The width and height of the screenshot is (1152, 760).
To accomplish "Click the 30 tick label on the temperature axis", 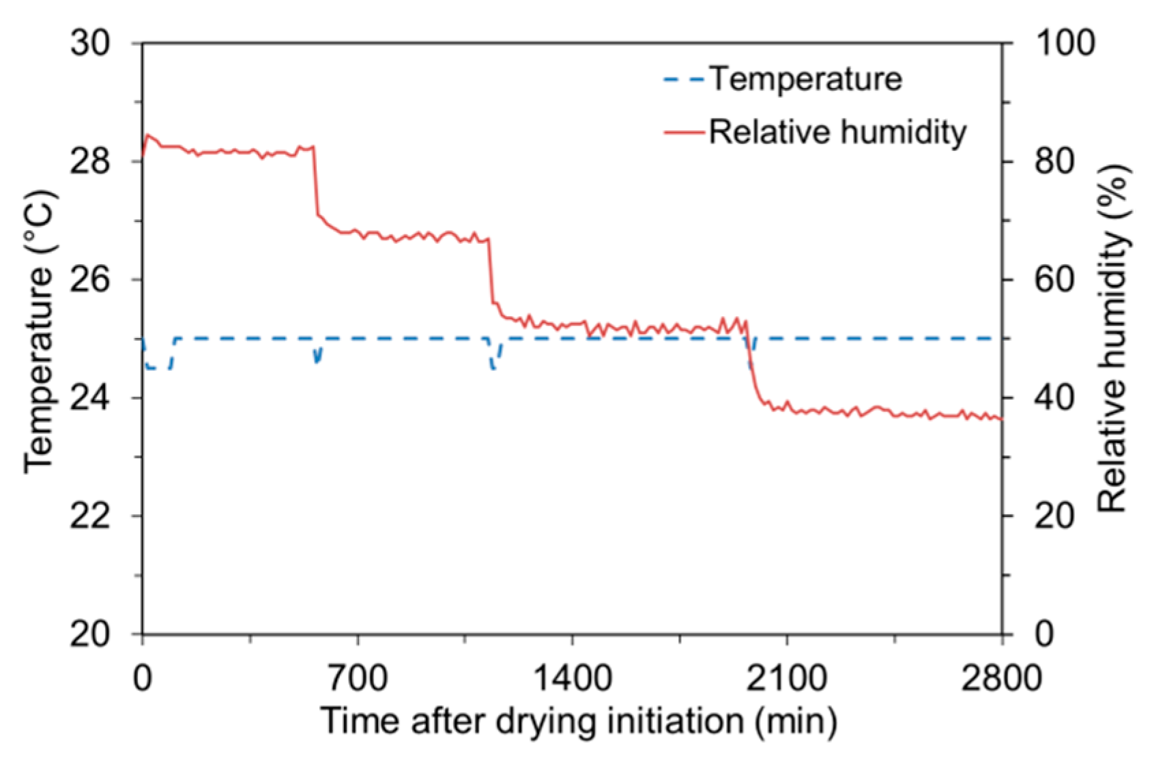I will [x=89, y=44].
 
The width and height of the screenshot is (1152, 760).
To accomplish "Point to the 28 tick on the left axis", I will [x=89, y=162].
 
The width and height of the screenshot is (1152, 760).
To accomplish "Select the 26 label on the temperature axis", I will [x=89, y=280].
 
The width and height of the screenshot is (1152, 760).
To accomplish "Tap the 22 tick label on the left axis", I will [x=89, y=516].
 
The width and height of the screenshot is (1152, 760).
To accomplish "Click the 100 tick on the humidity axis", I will [x=1065, y=44].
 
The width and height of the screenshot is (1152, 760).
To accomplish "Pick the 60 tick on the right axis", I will [x=1054, y=280].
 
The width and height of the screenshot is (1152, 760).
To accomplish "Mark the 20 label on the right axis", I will [x=1054, y=516].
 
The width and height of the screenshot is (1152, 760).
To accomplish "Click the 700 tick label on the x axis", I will [x=358, y=679].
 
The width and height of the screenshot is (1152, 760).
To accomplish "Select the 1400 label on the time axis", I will [x=572, y=679].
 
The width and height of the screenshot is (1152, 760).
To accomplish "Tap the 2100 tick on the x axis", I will [x=787, y=679].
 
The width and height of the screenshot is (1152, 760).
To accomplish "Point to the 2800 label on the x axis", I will [x=1001, y=679].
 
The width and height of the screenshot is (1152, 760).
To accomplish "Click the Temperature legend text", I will [x=805, y=79].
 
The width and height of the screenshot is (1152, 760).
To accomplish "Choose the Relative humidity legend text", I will [x=837, y=132].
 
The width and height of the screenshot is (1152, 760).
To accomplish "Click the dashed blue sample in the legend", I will [x=683, y=80].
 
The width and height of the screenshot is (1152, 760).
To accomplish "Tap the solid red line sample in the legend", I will [x=683, y=132].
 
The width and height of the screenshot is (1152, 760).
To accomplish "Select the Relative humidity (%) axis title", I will [x=1113, y=338].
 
